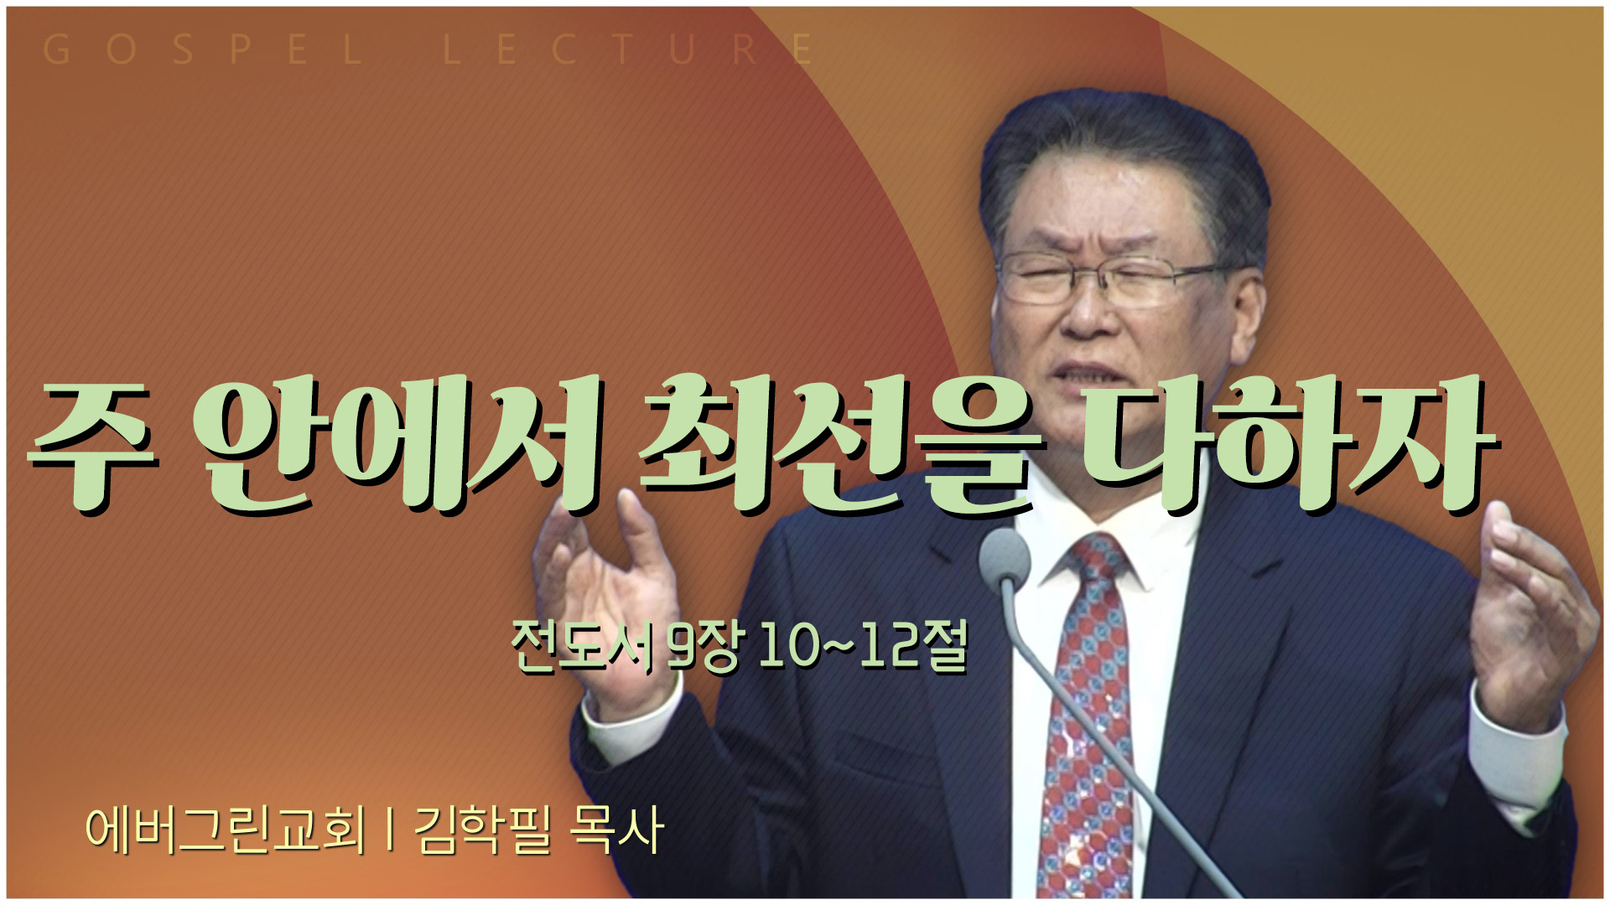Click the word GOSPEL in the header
coord(202,50)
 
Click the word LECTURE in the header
coord(629,50)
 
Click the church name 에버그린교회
coord(226,830)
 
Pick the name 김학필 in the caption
coord(482,830)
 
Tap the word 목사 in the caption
coord(616,830)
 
